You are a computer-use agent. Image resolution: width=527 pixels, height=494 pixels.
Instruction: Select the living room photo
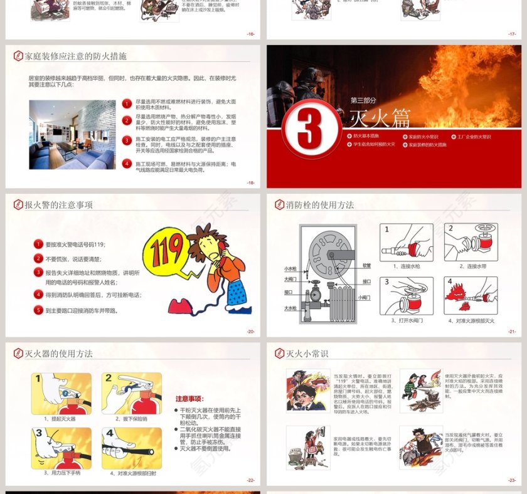72,134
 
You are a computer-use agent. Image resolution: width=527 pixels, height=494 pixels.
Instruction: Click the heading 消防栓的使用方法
320,205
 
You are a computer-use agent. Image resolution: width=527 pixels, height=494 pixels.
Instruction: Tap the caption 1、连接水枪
407,266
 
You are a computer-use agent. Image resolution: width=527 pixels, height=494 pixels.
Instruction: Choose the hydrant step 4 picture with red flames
471,296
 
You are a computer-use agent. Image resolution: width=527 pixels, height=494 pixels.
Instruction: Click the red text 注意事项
189,399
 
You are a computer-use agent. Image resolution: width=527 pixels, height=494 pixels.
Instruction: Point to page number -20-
250,332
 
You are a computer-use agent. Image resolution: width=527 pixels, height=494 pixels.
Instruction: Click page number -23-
512,480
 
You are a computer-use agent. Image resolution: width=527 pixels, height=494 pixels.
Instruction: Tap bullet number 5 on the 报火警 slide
39,310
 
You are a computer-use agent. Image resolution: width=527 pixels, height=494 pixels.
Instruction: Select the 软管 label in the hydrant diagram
366,265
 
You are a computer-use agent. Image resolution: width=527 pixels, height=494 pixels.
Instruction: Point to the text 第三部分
363,100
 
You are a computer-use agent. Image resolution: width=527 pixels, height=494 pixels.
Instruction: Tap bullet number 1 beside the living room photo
127,103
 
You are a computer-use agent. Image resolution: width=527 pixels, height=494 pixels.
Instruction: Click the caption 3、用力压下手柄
62,473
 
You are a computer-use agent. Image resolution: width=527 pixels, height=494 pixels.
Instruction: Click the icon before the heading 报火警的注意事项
18,205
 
